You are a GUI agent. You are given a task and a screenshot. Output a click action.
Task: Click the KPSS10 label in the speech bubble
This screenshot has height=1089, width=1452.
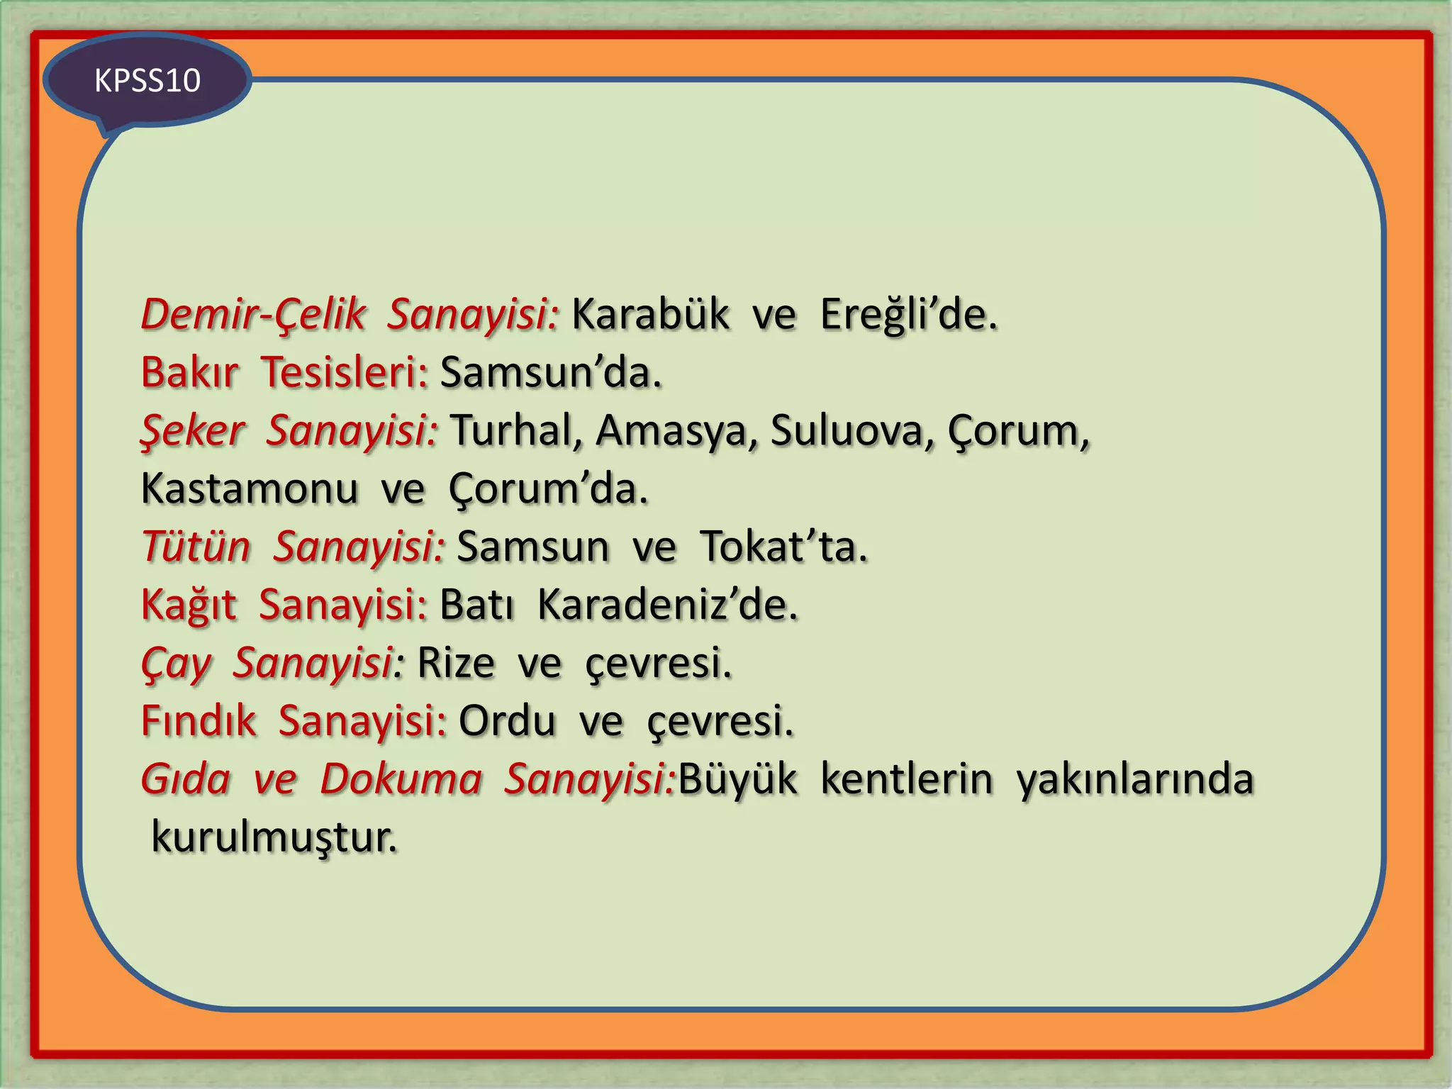click(147, 80)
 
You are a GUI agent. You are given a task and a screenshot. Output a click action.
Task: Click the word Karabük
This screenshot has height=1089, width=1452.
click(650, 314)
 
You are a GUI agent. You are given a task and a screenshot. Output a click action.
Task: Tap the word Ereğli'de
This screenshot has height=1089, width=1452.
click(908, 314)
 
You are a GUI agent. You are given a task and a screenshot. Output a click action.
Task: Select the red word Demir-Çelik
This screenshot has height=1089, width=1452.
click(253, 314)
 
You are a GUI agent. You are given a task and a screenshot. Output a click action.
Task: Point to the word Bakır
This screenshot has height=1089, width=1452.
click(189, 372)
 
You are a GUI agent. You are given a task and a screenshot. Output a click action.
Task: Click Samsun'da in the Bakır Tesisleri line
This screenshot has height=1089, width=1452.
click(551, 372)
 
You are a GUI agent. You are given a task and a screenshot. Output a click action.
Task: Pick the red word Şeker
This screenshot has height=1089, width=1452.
click(193, 430)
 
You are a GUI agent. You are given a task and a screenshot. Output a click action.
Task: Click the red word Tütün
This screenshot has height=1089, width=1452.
click(196, 547)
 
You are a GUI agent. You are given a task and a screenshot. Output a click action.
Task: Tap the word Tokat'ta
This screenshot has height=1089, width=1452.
click(783, 547)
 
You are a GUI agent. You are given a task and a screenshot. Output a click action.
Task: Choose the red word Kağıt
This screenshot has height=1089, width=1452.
click(189, 605)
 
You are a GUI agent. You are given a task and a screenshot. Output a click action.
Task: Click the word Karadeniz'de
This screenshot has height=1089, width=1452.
click(667, 605)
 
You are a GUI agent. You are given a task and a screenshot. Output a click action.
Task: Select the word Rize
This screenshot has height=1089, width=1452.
click(456, 663)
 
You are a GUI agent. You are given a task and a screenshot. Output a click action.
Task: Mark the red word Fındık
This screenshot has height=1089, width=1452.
click(199, 721)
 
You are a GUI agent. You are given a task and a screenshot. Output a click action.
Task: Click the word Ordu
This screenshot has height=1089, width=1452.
click(507, 721)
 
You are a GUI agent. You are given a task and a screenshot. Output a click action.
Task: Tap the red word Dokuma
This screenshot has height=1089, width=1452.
click(401, 779)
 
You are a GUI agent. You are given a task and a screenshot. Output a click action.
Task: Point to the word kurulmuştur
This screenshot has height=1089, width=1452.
click(274, 837)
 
